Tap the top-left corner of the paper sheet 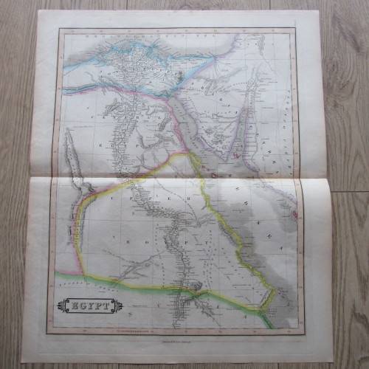point(38,10)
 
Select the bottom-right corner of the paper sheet point(331,361)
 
